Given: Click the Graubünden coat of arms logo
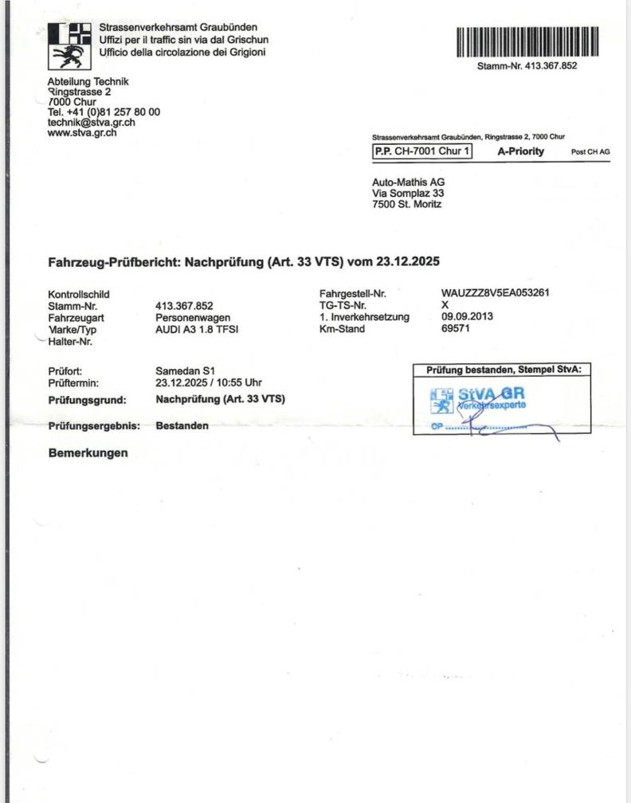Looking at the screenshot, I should coord(69,45).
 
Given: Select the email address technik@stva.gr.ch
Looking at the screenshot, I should coord(91,122).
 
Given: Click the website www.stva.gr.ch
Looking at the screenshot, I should coord(82,132).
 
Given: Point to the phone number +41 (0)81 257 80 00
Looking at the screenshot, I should coord(104,112).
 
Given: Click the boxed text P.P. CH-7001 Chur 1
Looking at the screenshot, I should coord(421,151).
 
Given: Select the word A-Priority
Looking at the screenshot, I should coord(521,151).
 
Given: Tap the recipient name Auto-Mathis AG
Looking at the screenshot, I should coord(409,182).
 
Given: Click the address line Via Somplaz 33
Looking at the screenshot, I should coord(408,193).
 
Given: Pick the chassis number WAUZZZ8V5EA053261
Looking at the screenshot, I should coord(495,293).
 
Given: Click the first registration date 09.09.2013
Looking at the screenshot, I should coord(467,316).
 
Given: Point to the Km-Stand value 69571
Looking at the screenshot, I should coord(456,328).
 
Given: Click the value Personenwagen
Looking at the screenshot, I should coord(192,317).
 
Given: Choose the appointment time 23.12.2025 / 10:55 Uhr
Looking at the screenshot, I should coord(209,382).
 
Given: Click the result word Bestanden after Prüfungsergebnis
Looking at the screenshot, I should coord(182,425).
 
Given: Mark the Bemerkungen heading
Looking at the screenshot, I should coord(88,453).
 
